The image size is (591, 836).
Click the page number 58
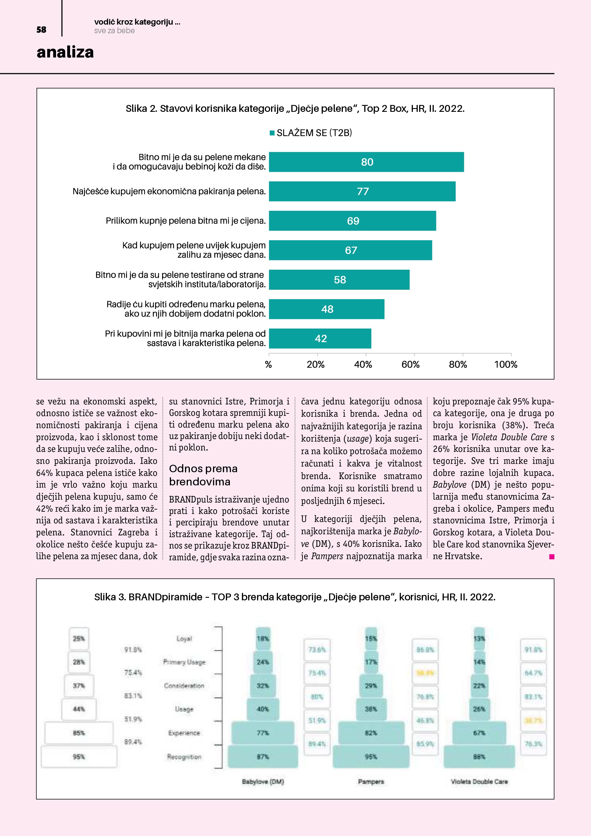coord(41,30)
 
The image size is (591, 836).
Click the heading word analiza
coord(65,52)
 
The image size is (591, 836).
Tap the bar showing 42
coord(320,339)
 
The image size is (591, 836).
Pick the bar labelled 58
coord(339,280)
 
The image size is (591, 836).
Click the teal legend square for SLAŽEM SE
coord(272,133)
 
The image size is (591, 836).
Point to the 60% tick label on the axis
coord(411,364)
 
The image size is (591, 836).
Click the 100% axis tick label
coord(506,364)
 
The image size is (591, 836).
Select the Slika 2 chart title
coord(295,108)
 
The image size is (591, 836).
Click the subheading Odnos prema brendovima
coord(203,475)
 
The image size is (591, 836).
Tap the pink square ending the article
coord(552,556)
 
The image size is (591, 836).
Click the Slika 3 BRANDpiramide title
coord(295,597)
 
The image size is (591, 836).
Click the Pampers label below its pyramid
coord(371,782)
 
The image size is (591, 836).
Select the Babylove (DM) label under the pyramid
coord(263,782)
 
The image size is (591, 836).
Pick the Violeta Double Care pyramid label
coord(479,782)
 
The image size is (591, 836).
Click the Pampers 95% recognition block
coord(371,757)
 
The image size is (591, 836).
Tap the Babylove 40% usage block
coord(263,709)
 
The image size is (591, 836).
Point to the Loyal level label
coord(184,639)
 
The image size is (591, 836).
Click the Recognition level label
coord(184,757)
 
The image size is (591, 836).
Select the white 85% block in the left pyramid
coord(79,733)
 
